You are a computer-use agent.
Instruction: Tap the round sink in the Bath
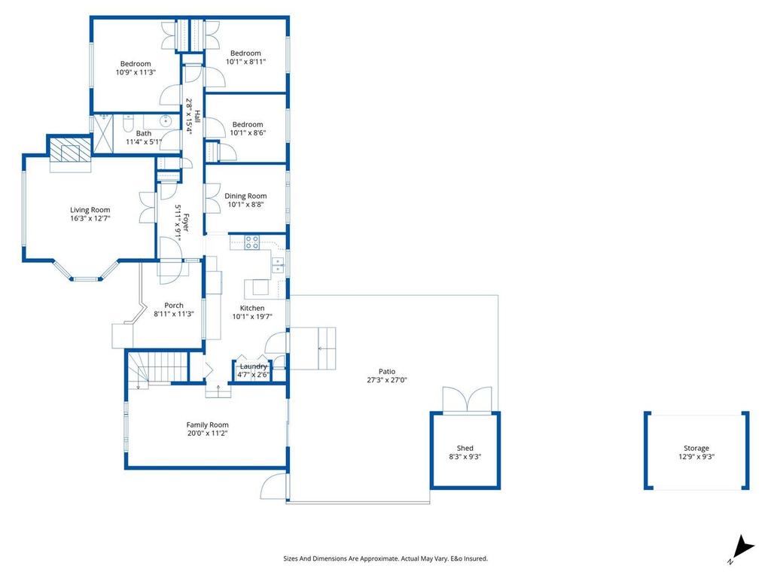click(165, 120)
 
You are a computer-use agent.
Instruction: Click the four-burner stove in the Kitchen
click(252, 242)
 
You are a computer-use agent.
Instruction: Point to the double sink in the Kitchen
click(278, 263)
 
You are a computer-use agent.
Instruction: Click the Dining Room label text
click(245, 196)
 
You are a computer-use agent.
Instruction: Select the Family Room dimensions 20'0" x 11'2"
click(208, 433)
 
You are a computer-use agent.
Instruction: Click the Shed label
click(465, 449)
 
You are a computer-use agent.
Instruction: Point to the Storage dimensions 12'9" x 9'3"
click(696, 457)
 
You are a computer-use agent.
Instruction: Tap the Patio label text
click(387, 371)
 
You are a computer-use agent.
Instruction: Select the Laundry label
click(252, 366)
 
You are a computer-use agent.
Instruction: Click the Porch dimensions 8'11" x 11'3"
click(174, 314)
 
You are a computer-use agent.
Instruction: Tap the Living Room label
click(90, 210)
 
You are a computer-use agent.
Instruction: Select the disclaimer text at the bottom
click(385, 558)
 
